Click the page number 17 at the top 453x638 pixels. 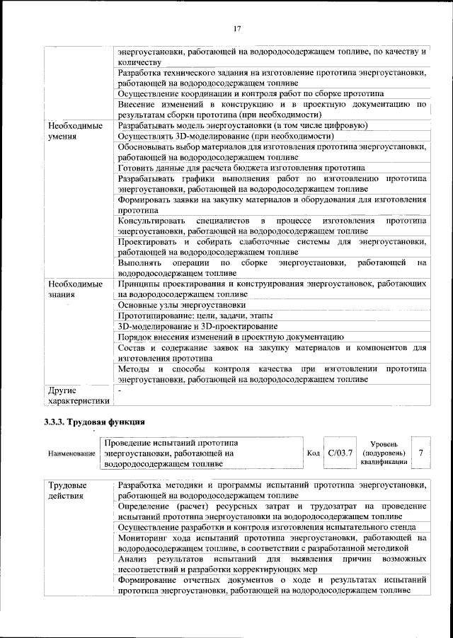pyautogui.click(x=237, y=28)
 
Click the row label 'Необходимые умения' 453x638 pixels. pyautogui.click(x=71, y=131)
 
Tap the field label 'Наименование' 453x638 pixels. pyautogui.click(x=71, y=453)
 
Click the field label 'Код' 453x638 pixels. pyautogui.click(x=313, y=453)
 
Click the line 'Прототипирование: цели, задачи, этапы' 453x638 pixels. pyautogui.click(x=195, y=315)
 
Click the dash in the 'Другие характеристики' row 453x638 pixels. pyautogui.click(x=120, y=390)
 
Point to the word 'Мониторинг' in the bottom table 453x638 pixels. pyautogui.click(x=144, y=538)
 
